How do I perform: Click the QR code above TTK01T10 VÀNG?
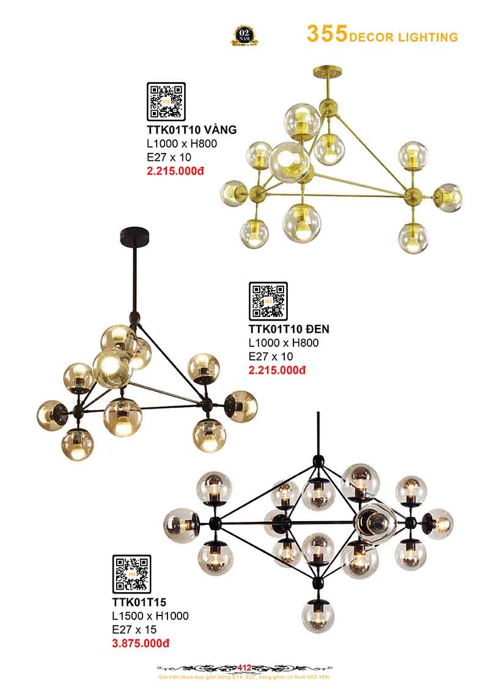(166, 102)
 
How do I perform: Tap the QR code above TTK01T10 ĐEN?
(268, 301)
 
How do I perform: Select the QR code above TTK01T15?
(131, 574)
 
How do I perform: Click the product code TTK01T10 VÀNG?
(191, 130)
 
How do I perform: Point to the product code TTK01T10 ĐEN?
(289, 329)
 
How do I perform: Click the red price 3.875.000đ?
(141, 643)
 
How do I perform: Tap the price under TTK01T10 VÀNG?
(175, 171)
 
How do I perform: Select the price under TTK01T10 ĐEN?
(276, 370)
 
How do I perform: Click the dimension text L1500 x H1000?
(150, 615)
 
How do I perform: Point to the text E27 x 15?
(134, 630)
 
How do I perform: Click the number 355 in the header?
(327, 34)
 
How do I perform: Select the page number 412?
(244, 667)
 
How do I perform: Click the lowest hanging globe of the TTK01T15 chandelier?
(318, 616)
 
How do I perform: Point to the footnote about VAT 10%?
(244, 677)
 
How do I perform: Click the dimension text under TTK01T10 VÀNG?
(182, 144)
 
